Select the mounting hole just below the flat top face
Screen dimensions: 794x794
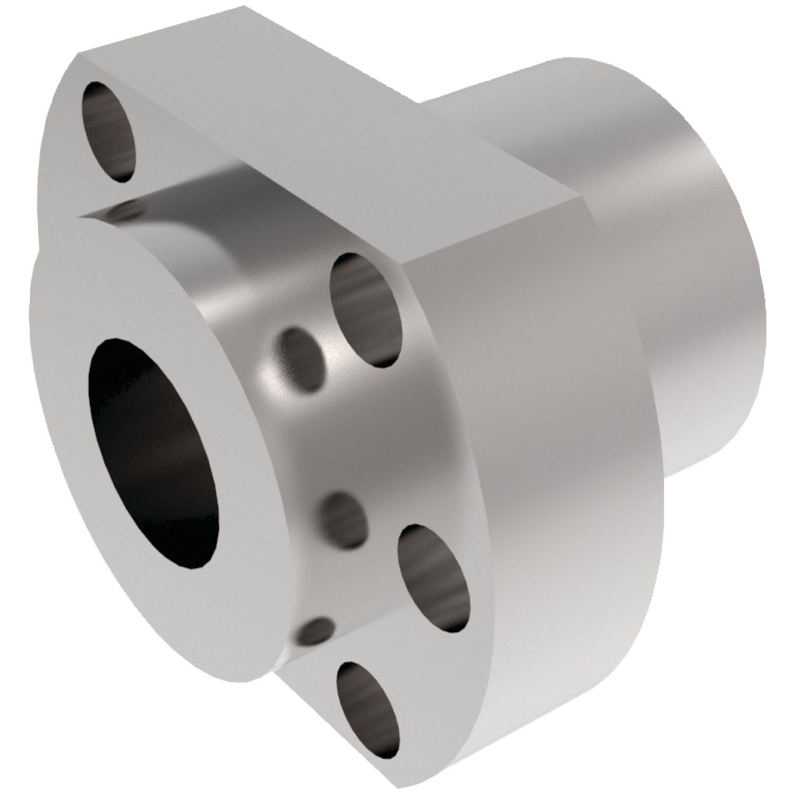click(365, 310)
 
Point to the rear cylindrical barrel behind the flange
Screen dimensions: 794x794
click(662, 265)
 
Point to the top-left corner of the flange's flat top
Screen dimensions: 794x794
click(79, 55)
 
